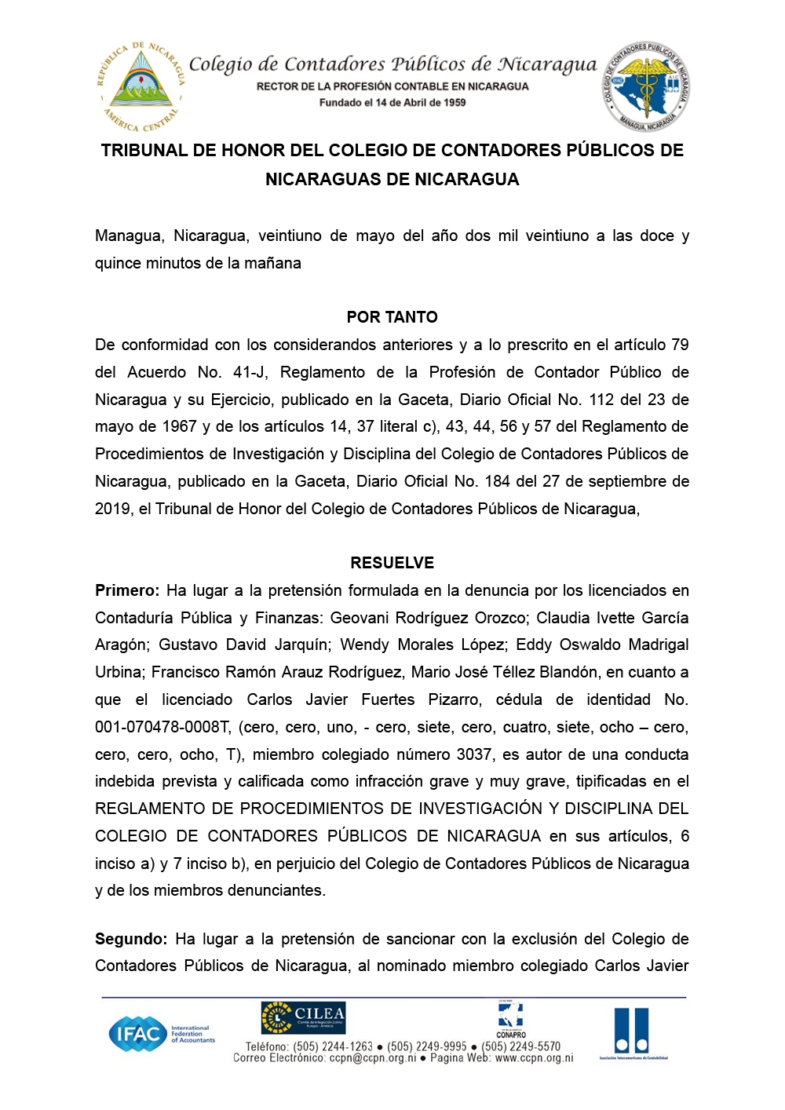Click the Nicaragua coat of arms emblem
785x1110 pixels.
click(x=141, y=86)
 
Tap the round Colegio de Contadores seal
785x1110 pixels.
click(x=646, y=86)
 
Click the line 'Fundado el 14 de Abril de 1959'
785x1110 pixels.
click(x=392, y=103)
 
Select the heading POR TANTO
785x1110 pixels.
click(x=392, y=317)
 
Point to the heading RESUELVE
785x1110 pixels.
click(x=392, y=563)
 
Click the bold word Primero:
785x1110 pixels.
click(x=127, y=590)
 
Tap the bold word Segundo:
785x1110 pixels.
click(x=131, y=939)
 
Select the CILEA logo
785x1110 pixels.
click(x=303, y=1018)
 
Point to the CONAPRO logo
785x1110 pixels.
click(x=511, y=1020)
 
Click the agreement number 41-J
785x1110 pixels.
click(x=250, y=372)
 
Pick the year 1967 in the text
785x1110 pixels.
click(x=179, y=426)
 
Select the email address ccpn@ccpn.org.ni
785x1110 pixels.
click(x=373, y=1058)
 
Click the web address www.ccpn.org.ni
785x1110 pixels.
click(x=534, y=1058)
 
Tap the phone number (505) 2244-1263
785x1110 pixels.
click(x=333, y=1046)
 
